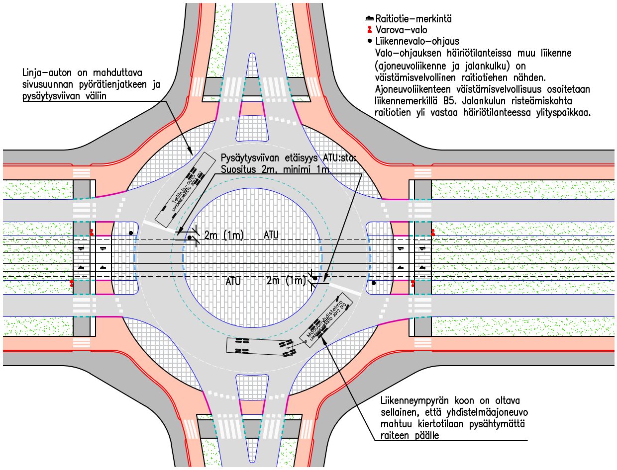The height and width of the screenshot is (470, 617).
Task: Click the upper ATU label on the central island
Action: pyautogui.click(x=271, y=234)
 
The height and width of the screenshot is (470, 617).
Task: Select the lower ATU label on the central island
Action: pyautogui.click(x=233, y=281)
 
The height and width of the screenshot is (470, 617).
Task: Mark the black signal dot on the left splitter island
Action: pyautogui.click(x=131, y=233)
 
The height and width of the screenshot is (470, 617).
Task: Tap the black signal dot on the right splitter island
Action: pyautogui.click(x=374, y=283)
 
